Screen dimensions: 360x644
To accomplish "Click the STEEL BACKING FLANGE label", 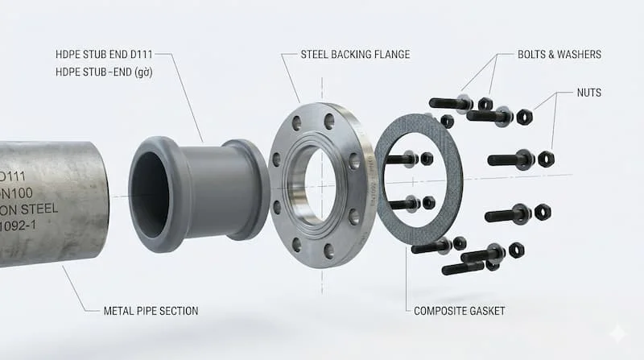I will pyautogui.click(x=355, y=55).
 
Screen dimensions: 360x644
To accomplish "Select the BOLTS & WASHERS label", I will pyautogui.click(x=559, y=55).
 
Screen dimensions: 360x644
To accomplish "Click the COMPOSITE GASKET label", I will pyautogui.click(x=460, y=311).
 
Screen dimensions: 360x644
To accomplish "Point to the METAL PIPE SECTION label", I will pyautogui.click(x=151, y=311).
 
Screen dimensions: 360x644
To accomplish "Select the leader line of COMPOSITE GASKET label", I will pyautogui.click(x=406, y=274).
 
